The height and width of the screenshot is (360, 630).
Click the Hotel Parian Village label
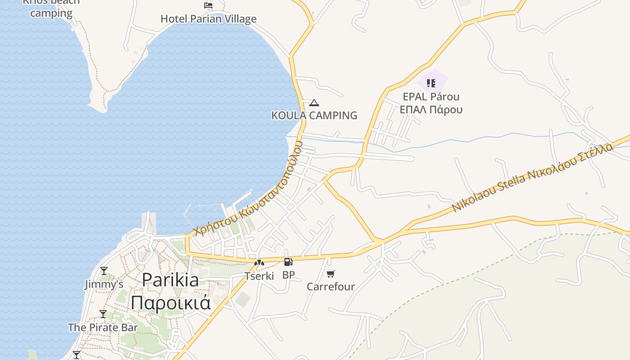click(208, 19)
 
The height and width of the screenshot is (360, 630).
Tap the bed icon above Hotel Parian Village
click(208, 5)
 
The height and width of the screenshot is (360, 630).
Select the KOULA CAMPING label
click(314, 116)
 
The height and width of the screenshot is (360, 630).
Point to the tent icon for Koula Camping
click(314, 103)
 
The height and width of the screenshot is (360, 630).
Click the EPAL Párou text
click(431, 97)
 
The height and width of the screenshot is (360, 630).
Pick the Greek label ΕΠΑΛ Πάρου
click(431, 109)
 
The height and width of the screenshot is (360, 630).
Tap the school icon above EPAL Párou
click(431, 83)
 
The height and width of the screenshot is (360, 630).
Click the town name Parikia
click(170, 280)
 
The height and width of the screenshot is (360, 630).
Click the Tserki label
click(259, 276)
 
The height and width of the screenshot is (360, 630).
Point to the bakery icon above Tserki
click(259, 263)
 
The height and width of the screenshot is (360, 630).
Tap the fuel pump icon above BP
click(288, 262)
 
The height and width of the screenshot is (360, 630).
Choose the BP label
click(288, 275)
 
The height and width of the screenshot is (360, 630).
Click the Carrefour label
click(331, 287)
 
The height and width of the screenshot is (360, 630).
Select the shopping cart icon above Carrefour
click(331, 274)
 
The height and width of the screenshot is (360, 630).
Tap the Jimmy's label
click(104, 284)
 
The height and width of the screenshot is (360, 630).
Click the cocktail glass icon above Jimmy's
click(104, 271)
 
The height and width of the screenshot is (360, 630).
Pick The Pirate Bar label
click(103, 327)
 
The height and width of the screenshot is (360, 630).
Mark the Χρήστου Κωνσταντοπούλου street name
click(248, 189)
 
